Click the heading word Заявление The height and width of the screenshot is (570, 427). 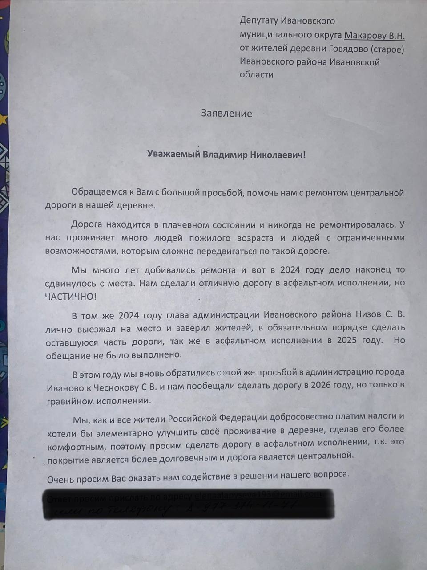click(x=226, y=113)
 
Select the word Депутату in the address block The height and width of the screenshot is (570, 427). click(x=258, y=20)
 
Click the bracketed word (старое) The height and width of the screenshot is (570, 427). click(x=387, y=49)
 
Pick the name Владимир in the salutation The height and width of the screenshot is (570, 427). click(x=226, y=155)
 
